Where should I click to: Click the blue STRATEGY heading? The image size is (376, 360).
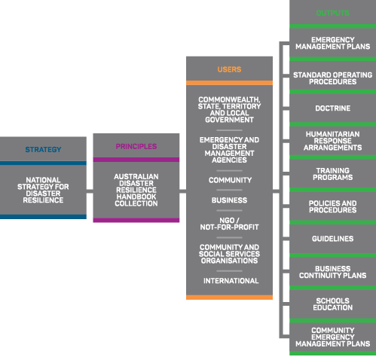[43, 150]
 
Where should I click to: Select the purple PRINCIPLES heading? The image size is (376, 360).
[136, 146]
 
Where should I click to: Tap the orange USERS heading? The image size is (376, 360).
[229, 69]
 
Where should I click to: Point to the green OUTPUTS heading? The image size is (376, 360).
[333, 13]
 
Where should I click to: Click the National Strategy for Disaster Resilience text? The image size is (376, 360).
[43, 190]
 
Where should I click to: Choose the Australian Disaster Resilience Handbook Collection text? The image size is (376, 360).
[136, 190]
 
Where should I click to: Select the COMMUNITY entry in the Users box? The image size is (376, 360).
[230, 180]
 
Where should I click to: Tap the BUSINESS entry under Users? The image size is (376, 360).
[229, 200]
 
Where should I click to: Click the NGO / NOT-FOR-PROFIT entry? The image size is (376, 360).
[229, 224]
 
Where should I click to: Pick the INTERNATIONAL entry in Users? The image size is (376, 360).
[231, 281]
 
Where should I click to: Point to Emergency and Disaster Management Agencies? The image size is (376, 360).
[229, 150]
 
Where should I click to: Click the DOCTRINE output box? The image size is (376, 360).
[333, 108]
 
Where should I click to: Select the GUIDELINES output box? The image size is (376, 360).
[333, 239]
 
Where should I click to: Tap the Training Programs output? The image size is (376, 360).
[333, 174]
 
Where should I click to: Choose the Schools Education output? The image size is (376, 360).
[333, 304]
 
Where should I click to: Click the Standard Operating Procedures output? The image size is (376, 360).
[333, 78]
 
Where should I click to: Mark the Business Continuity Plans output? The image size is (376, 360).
[333, 272]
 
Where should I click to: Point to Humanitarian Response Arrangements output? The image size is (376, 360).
[333, 141]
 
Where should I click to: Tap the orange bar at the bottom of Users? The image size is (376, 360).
[229, 297]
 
